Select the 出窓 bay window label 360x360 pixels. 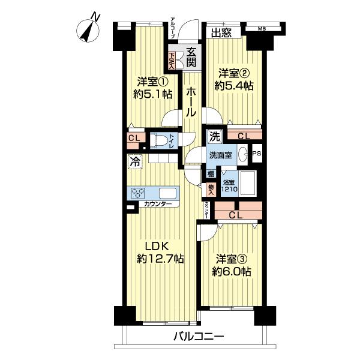click(x=221, y=33)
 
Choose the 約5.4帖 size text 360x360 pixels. click(x=235, y=86)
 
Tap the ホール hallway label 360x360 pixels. click(x=190, y=102)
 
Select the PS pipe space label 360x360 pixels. click(x=257, y=154)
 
